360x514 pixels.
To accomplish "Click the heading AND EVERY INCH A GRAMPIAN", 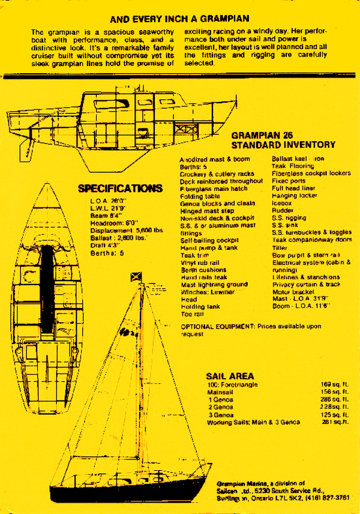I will coord(180,19).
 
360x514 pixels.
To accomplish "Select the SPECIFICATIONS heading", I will coord(120,189).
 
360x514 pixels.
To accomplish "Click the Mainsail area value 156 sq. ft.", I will coord(335,391).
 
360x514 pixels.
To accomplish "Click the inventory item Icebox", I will coord(281,203).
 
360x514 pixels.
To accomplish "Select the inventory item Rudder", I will coord(282,210).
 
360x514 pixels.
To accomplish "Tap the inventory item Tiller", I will coord(279,247).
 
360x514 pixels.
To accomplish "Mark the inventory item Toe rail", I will coord(192,313).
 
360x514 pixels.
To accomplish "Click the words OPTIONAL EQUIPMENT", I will coord(217,325).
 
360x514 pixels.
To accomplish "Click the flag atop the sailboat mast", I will coord(136,276).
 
